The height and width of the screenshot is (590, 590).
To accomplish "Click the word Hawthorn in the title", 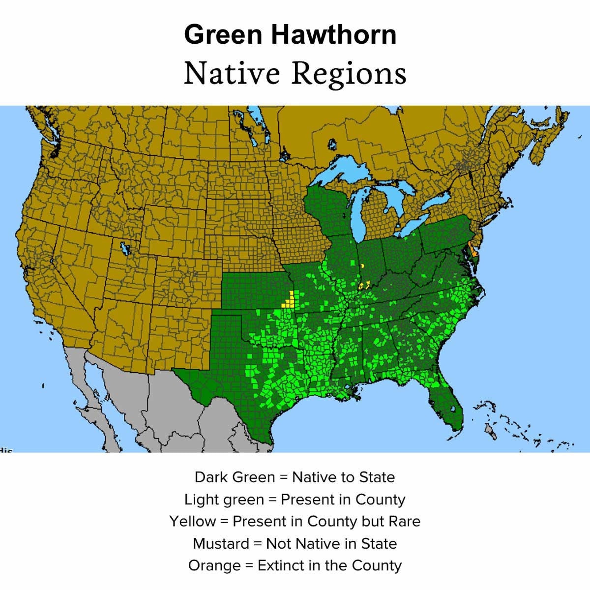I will [334, 34].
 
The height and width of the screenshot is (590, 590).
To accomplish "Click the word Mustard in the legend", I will [221, 544].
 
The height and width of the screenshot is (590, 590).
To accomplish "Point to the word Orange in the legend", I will [214, 566].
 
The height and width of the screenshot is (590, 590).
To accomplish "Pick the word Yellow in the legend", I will [192, 521].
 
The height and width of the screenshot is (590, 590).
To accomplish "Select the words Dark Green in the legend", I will [235, 477].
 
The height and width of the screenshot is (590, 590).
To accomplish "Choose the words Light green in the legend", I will [224, 500].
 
